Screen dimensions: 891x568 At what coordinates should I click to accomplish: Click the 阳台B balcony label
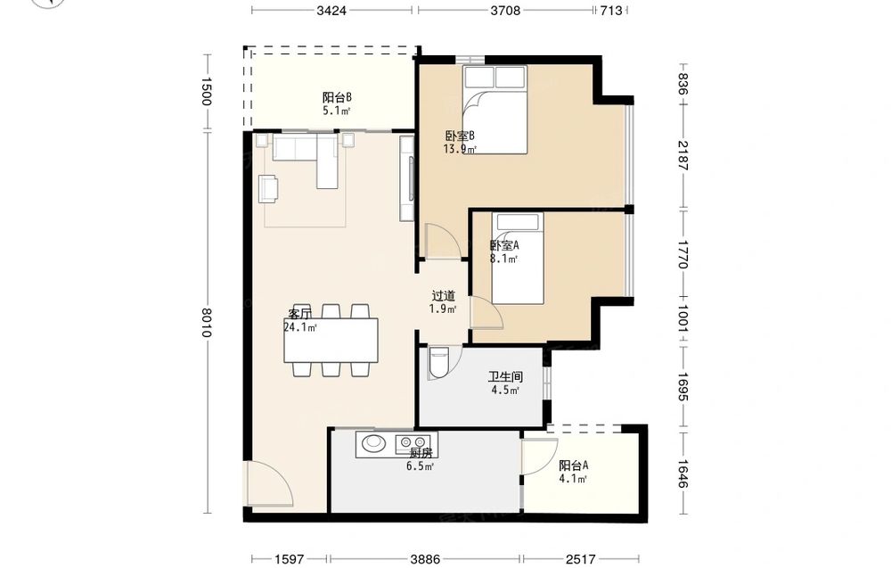(337, 97)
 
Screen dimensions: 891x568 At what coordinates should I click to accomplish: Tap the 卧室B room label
(460, 136)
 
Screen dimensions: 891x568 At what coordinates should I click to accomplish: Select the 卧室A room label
(504, 245)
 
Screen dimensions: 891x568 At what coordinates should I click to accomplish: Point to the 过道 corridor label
(443, 296)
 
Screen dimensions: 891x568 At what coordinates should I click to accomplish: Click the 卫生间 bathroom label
(505, 376)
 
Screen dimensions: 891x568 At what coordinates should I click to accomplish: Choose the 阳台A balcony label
(573, 465)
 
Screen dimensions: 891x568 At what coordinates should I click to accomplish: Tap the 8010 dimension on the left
(206, 323)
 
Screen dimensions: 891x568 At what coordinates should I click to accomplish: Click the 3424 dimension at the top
(331, 10)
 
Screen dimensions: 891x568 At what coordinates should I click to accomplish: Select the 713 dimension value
(611, 10)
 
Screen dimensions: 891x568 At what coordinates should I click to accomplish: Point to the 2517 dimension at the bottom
(580, 559)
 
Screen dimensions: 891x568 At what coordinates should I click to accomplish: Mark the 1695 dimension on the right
(683, 387)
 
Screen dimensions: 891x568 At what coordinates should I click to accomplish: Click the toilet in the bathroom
(439, 363)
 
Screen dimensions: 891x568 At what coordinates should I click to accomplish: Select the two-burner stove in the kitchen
(413, 441)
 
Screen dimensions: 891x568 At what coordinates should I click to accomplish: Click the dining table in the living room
(331, 340)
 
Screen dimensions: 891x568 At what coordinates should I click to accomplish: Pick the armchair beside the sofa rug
(269, 189)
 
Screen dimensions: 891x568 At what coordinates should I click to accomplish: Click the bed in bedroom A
(518, 258)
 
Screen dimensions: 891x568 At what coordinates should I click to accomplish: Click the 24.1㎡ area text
(300, 327)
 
